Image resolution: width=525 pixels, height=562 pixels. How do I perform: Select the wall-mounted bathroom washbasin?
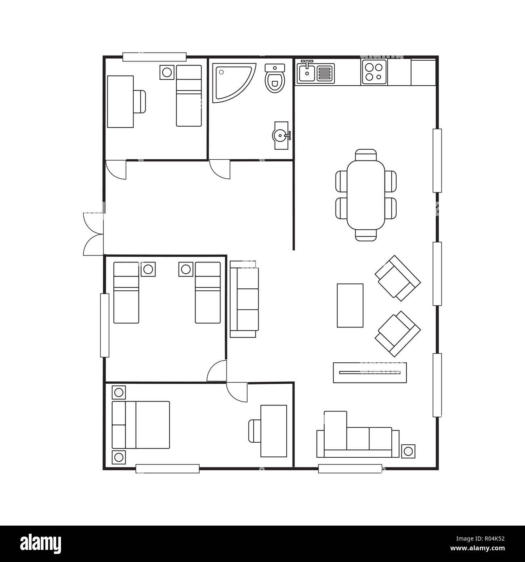click(x=281, y=135)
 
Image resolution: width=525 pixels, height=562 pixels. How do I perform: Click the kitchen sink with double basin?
click(x=316, y=73)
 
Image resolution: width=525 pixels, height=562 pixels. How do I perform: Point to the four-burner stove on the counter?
click(x=374, y=72)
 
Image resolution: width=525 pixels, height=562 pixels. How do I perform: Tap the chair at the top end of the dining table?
click(x=366, y=155)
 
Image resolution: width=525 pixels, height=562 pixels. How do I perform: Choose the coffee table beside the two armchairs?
click(x=350, y=305)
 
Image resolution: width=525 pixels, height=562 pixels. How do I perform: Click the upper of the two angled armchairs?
click(x=397, y=278)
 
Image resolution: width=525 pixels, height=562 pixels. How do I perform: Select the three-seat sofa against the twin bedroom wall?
click(x=244, y=299)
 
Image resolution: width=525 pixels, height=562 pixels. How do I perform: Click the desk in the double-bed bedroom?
click(x=274, y=431)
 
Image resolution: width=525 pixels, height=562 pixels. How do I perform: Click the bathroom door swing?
click(x=220, y=169)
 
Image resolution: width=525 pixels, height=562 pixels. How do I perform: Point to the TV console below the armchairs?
click(x=370, y=372)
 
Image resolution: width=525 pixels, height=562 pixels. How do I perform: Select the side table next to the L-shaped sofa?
click(x=408, y=450)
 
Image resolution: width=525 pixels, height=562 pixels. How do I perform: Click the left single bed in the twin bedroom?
click(x=126, y=293)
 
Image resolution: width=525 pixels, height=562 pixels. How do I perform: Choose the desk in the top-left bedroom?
click(x=120, y=101)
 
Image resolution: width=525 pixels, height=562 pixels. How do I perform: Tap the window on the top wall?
click(x=154, y=57)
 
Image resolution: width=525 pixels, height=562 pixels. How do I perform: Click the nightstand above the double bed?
click(x=119, y=392)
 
